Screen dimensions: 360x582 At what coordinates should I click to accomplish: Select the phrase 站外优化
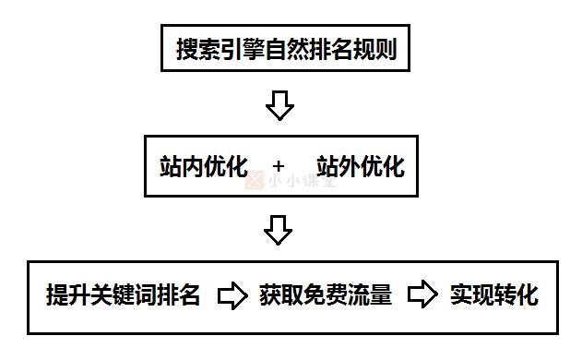[360, 166]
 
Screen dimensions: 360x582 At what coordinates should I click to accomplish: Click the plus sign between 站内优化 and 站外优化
[279, 167]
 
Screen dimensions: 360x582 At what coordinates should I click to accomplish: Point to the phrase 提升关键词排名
[124, 295]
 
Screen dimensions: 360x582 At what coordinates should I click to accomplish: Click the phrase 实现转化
[493, 295]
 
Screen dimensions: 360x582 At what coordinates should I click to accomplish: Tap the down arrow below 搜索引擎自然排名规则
[279, 105]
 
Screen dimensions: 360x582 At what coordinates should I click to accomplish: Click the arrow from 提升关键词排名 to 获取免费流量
[232, 295]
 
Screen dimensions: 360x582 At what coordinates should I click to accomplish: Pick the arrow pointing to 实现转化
[422, 295]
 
